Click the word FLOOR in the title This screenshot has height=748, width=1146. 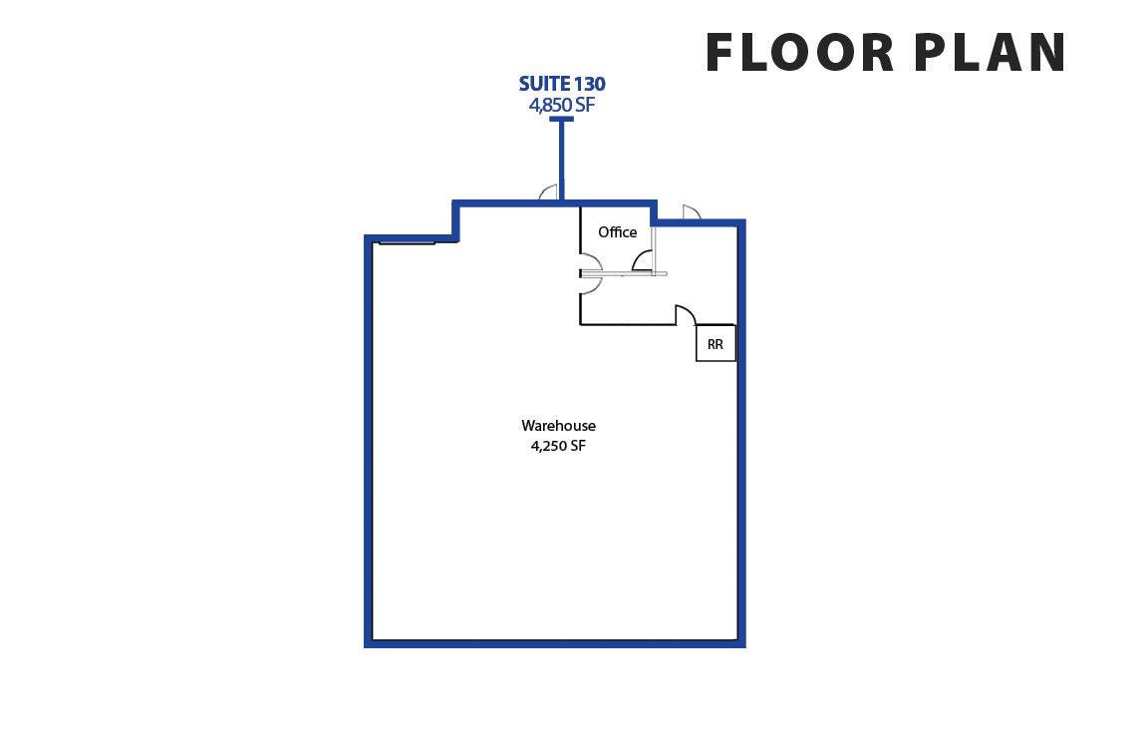pyautogui.click(x=799, y=53)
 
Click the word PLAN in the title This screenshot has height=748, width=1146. pyautogui.click(x=990, y=53)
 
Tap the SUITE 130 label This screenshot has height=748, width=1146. pyautogui.click(x=562, y=84)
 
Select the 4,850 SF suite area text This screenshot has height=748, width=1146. pyautogui.click(x=562, y=106)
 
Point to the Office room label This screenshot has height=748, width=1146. pyautogui.click(x=618, y=232)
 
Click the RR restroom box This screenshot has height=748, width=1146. pyautogui.click(x=716, y=343)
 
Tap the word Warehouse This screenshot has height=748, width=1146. pyautogui.click(x=558, y=426)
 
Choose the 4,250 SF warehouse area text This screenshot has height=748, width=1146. pyautogui.click(x=558, y=445)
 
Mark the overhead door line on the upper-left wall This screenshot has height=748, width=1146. pyautogui.click(x=408, y=242)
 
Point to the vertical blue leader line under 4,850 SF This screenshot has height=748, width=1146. pyautogui.click(x=561, y=159)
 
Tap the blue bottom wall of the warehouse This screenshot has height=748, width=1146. pyautogui.click(x=555, y=643)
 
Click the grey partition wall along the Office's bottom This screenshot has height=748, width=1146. pyautogui.click(x=624, y=274)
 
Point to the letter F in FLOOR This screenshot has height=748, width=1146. pyautogui.click(x=719, y=53)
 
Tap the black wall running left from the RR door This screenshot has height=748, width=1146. pyautogui.click(x=627, y=324)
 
